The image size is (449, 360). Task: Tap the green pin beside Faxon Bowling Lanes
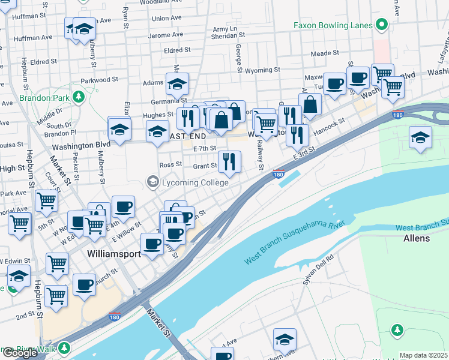click(381, 25)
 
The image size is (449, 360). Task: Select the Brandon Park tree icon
click(77, 97)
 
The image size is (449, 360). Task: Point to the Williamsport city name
click(113, 254)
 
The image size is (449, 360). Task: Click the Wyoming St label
click(263, 71)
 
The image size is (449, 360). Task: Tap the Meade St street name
click(325, 53)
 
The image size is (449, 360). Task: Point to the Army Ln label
click(225, 29)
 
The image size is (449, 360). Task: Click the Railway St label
click(261, 155)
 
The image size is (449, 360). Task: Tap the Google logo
click(20, 353)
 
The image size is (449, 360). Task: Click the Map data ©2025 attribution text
click(423, 355)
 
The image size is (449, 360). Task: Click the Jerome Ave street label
click(169, 35)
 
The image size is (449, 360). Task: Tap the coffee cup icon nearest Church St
click(85, 284)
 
